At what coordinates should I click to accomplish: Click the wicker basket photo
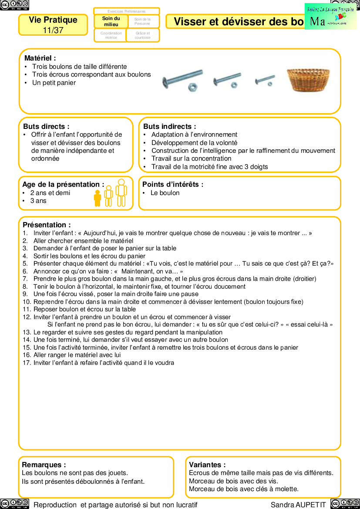pyautogui.click(x=308, y=80)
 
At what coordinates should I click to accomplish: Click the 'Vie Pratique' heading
pyautogui.click(x=53, y=20)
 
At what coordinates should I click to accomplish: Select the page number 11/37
pyautogui.click(x=53, y=30)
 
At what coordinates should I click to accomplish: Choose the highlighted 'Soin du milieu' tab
pyautogui.click(x=111, y=21)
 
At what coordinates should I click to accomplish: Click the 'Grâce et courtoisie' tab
pyautogui.click(x=143, y=35)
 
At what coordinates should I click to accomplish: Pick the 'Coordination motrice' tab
pyautogui.click(x=111, y=35)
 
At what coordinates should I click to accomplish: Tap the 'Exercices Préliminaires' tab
pyautogui.click(x=127, y=11)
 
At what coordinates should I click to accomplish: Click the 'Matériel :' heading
pyautogui.click(x=40, y=58)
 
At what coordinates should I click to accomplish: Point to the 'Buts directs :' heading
pyautogui.click(x=46, y=126)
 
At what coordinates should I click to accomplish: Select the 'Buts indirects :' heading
pyautogui.click(x=169, y=126)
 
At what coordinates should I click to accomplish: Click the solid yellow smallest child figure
pyautogui.click(x=98, y=198)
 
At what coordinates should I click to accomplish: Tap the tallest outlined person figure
pyautogui.click(x=121, y=192)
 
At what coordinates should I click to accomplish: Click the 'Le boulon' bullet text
pyautogui.click(x=165, y=193)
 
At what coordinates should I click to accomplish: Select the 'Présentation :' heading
pyautogui.click(x=47, y=225)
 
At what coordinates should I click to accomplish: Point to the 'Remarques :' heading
pyautogui.click(x=44, y=465)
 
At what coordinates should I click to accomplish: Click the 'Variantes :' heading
pyautogui.click(x=207, y=465)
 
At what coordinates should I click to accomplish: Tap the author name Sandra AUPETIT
pyautogui.click(x=298, y=505)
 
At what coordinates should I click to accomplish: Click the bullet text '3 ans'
pyautogui.click(x=38, y=201)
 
